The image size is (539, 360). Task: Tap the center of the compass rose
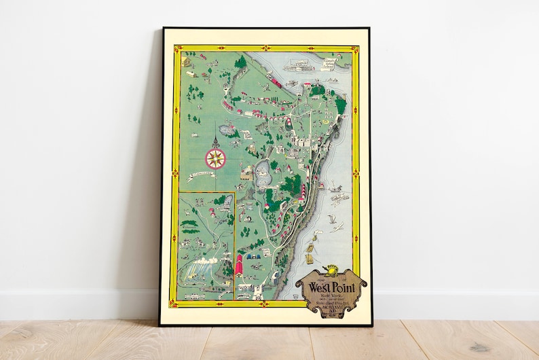click(215, 159)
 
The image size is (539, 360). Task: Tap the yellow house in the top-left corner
click(187, 62)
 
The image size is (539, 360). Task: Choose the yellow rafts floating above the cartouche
click(310, 257)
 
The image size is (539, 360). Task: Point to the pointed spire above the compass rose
click(215, 141)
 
